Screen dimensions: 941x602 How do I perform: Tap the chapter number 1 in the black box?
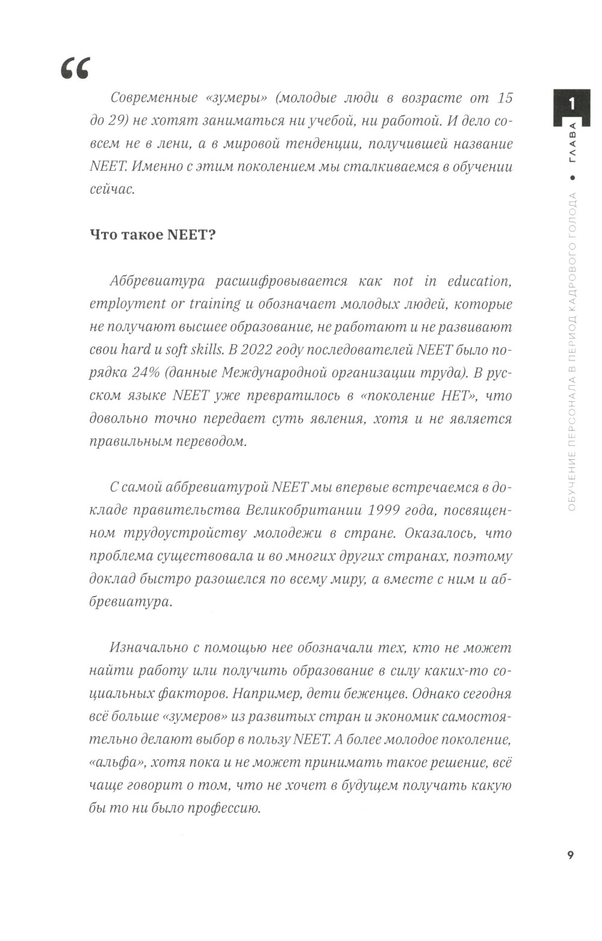tap(572, 103)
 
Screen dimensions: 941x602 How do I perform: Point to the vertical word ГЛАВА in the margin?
tap(572, 142)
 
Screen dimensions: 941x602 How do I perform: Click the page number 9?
tap(571, 855)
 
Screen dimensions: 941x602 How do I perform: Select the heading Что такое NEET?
tap(152, 235)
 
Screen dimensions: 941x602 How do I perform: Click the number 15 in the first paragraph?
tap(504, 97)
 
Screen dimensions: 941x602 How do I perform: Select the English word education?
tap(479, 281)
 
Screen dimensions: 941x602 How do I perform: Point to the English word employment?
tap(128, 304)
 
